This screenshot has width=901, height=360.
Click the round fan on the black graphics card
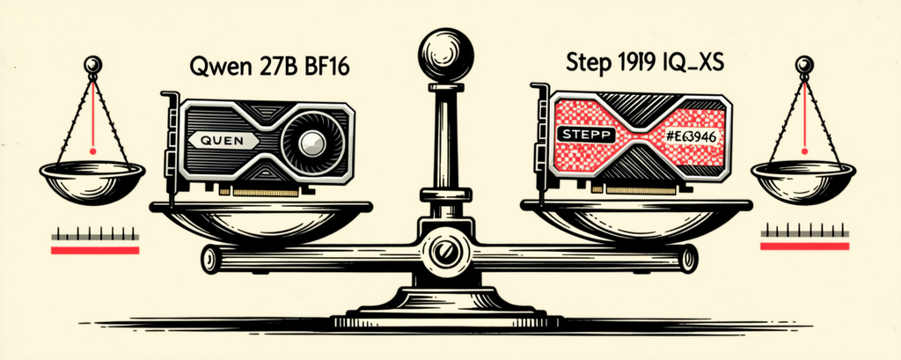[x=313, y=139]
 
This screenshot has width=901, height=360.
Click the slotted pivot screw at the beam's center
[x=443, y=252]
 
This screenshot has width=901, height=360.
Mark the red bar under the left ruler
[x=95, y=250]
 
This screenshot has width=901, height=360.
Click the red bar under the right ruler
[x=804, y=246]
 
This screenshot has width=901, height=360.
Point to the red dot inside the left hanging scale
[x=92, y=151]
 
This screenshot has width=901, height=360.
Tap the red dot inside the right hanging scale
[x=805, y=151]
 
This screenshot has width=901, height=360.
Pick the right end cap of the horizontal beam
[x=688, y=258]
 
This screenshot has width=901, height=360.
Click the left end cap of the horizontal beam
[x=209, y=260]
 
